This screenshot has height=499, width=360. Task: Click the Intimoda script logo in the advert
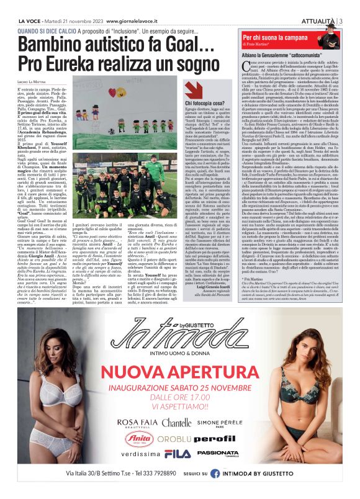coord(181,337)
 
